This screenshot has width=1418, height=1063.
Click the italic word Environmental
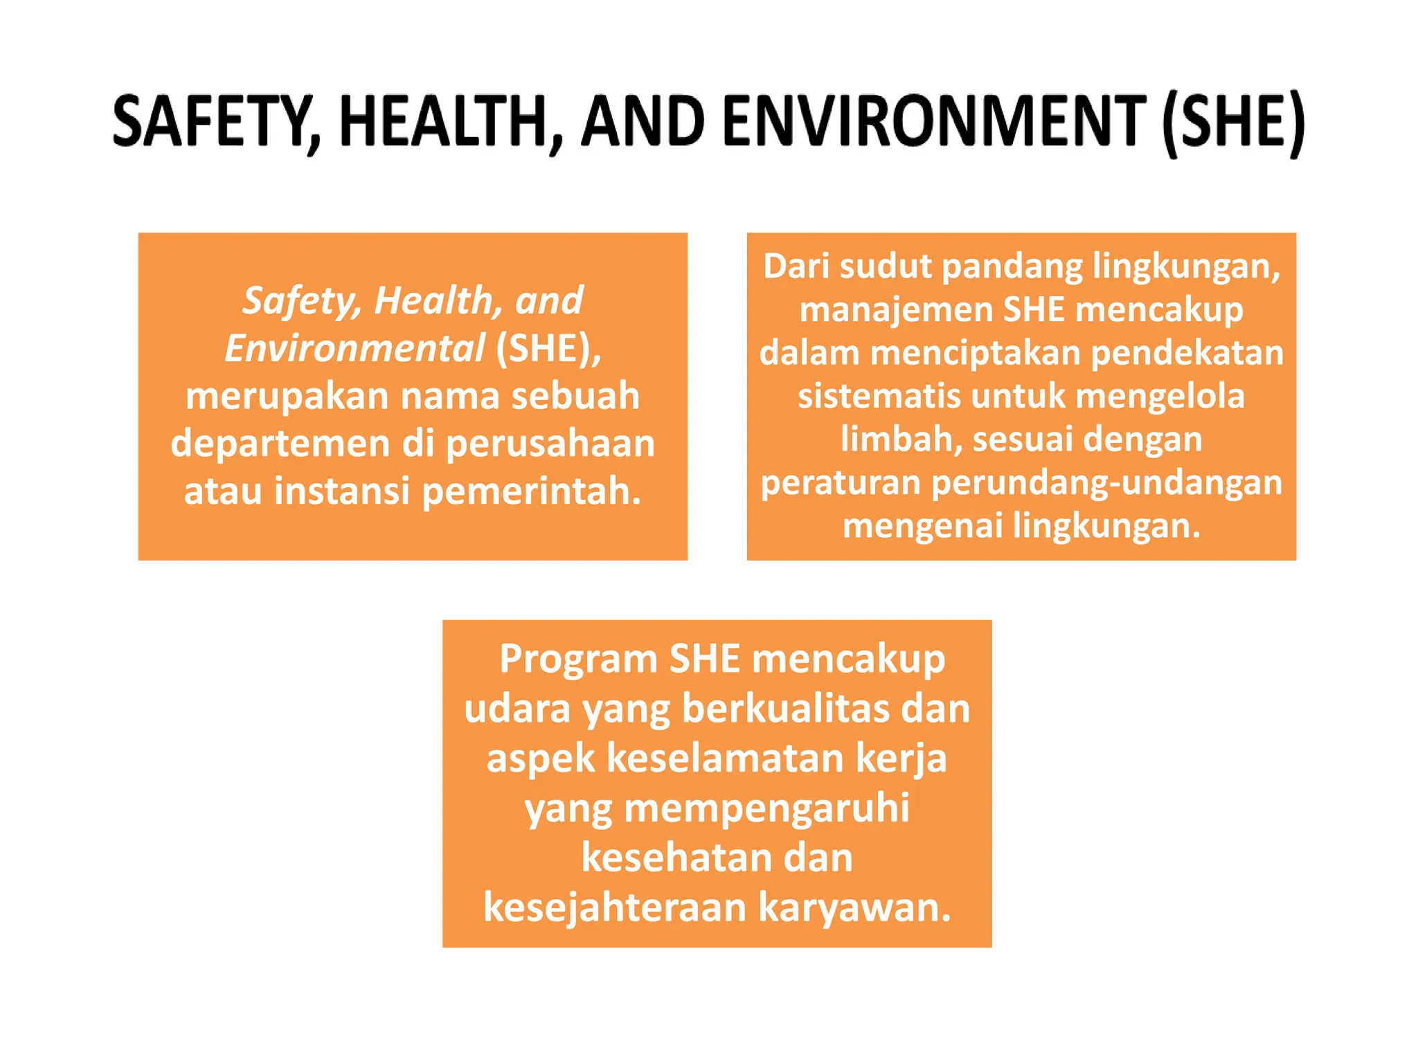pyautogui.click(x=354, y=348)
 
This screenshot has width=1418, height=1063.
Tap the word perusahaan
pyautogui.click(x=550, y=444)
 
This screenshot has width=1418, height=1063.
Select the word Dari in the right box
pyautogui.click(x=796, y=266)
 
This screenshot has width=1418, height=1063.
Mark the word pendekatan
pyautogui.click(x=1187, y=353)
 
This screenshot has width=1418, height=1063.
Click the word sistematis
pyautogui.click(x=879, y=397)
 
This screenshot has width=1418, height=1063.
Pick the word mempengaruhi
pyautogui.click(x=766, y=808)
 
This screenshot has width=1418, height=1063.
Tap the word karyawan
pyautogui.click(x=854, y=907)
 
